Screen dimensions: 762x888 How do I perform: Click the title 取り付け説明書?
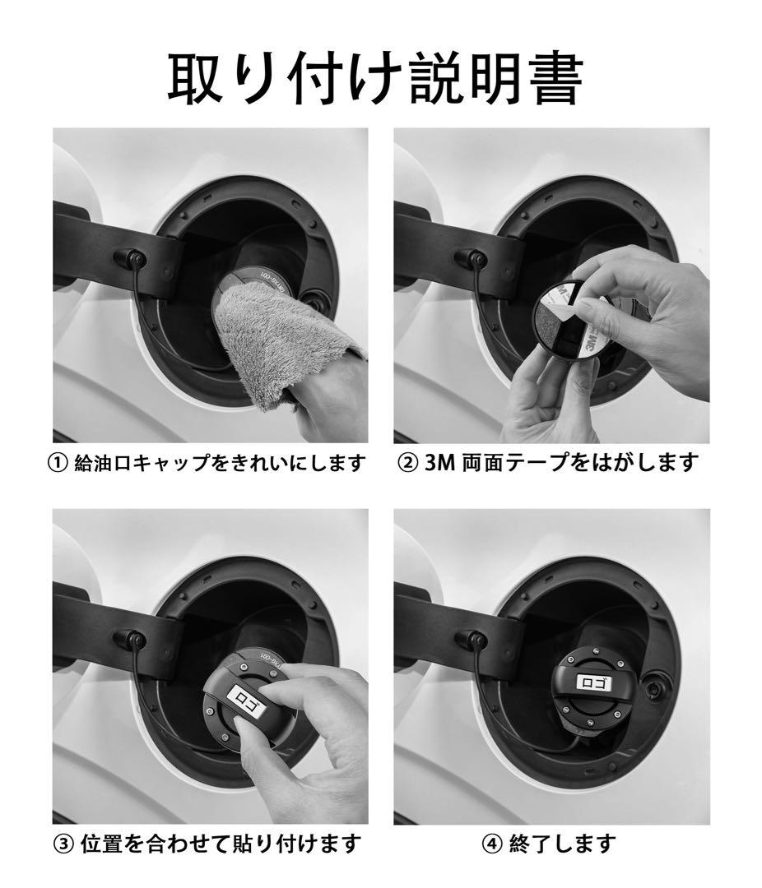coord(374,79)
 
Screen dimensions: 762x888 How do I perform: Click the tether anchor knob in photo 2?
coord(472,259)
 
